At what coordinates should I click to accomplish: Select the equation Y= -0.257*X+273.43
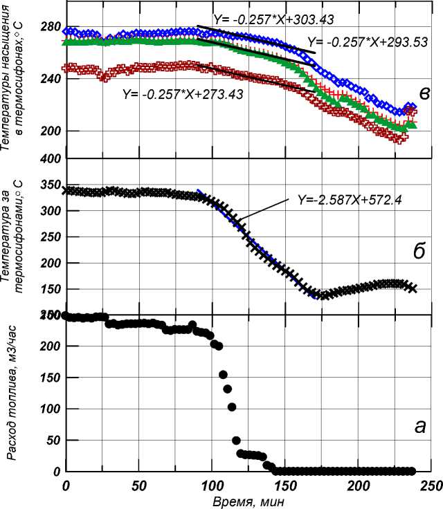coord(182,93)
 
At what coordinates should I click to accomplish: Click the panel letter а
coord(419,427)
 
